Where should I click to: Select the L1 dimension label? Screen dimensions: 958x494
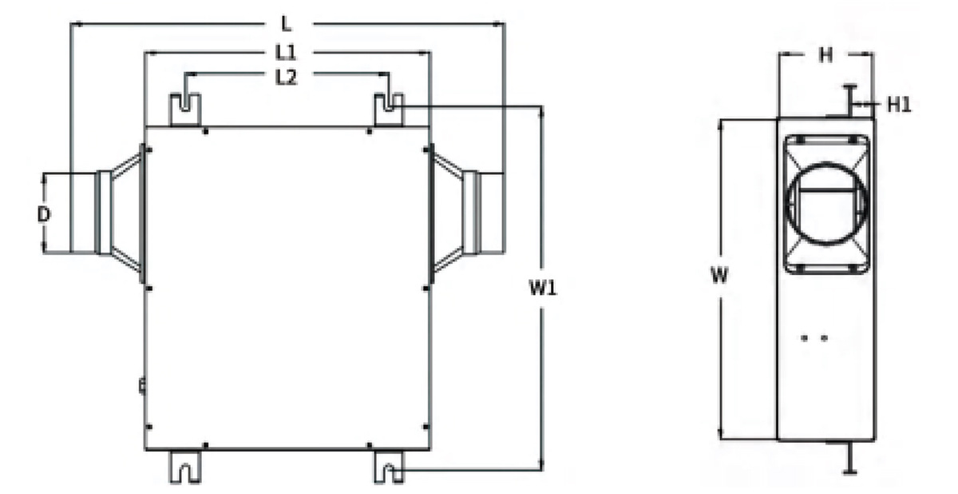coord(285,53)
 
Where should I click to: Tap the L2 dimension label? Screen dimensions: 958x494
coord(286,78)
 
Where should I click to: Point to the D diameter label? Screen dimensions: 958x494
coord(44,214)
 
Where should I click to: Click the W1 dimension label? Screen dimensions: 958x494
coord(543,288)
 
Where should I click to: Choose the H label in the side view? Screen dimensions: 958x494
coord(825,55)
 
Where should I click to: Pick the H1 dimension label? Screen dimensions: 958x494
coord(899,105)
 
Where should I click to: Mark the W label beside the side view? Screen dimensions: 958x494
coord(719,275)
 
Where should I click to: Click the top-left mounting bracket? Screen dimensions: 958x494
coord(185,110)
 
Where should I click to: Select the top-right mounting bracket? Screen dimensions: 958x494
coord(389,110)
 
